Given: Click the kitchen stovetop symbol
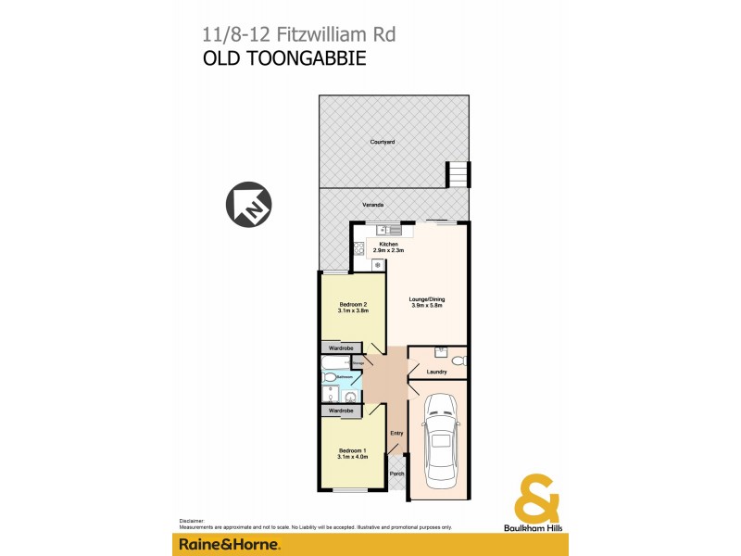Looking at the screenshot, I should point(358,247).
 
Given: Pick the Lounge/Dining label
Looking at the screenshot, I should point(427,301).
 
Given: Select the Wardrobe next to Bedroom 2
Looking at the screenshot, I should point(340,347).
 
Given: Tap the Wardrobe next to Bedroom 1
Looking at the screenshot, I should point(340,410).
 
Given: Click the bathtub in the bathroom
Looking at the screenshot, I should point(334,364).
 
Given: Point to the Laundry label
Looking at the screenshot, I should point(437,372).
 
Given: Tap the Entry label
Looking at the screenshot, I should point(396,433).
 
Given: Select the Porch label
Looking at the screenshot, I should point(396,474).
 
